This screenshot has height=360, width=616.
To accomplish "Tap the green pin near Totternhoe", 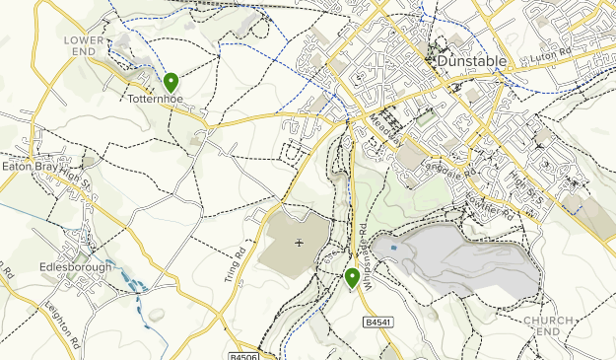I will (x=171, y=82).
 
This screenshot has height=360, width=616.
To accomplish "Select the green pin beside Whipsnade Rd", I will (x=352, y=278).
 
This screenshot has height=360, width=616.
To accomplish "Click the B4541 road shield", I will (x=377, y=323).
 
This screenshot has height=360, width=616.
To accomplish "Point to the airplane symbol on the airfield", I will (x=299, y=243).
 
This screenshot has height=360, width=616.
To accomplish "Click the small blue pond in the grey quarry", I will (x=395, y=249).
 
